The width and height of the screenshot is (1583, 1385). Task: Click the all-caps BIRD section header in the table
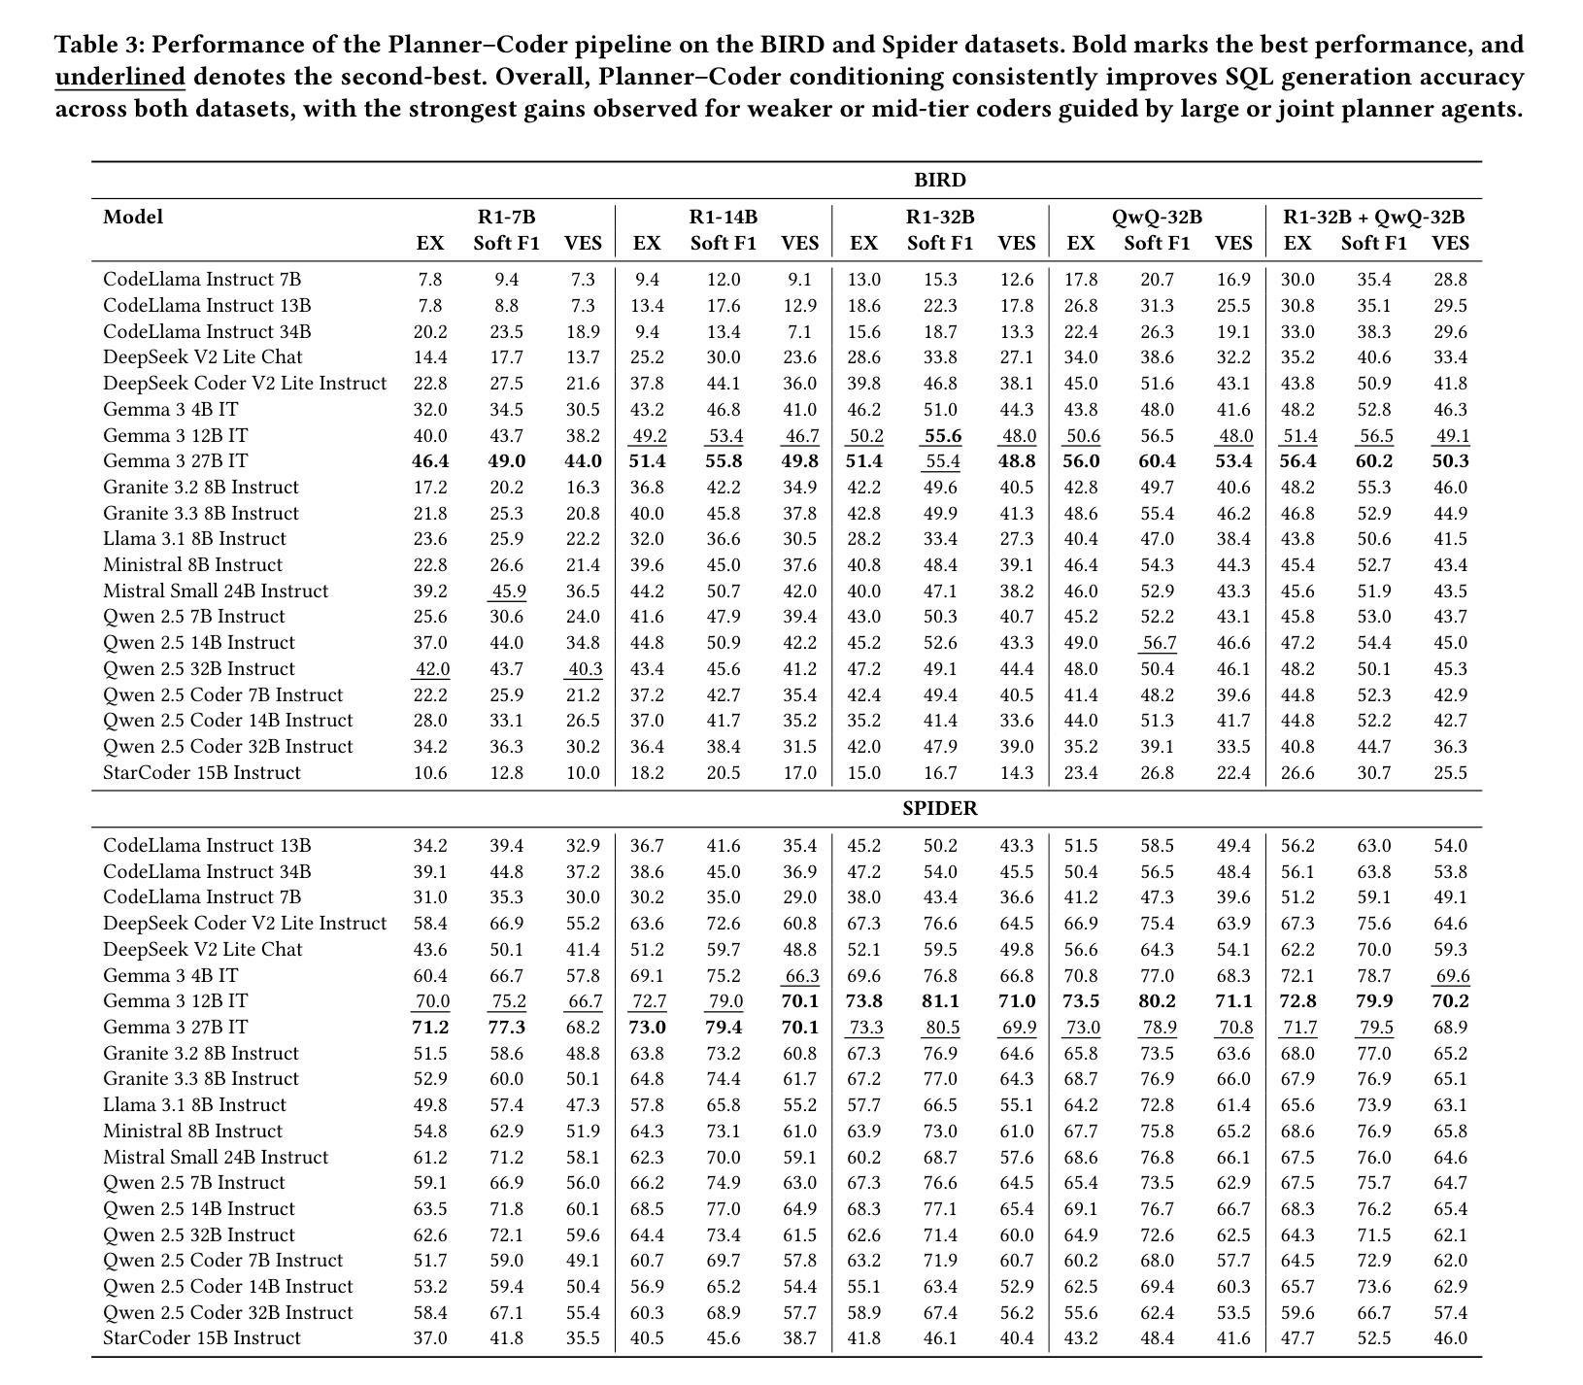click(x=939, y=181)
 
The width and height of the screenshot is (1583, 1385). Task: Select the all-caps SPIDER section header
click(x=939, y=808)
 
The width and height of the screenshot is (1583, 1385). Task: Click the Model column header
click(x=133, y=217)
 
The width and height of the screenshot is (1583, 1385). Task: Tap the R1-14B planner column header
click(x=723, y=217)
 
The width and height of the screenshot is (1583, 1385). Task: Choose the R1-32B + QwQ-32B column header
click(x=1373, y=217)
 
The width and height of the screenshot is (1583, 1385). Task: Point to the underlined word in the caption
click(x=119, y=77)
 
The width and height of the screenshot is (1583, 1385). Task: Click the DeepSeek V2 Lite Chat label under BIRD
click(x=202, y=357)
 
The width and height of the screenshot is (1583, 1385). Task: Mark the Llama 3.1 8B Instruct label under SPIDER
click(x=194, y=1105)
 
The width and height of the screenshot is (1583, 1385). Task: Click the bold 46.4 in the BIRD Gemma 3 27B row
click(x=430, y=461)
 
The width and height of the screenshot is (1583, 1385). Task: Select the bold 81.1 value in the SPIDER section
click(x=939, y=1001)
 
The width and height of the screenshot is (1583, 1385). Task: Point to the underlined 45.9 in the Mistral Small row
click(x=507, y=591)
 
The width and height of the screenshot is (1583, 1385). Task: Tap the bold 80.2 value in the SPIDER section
click(x=1157, y=1001)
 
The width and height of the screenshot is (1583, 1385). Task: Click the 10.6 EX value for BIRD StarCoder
click(x=430, y=773)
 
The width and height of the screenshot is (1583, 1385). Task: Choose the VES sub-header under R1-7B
click(x=583, y=243)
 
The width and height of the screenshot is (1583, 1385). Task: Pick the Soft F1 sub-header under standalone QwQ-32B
click(x=1157, y=243)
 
